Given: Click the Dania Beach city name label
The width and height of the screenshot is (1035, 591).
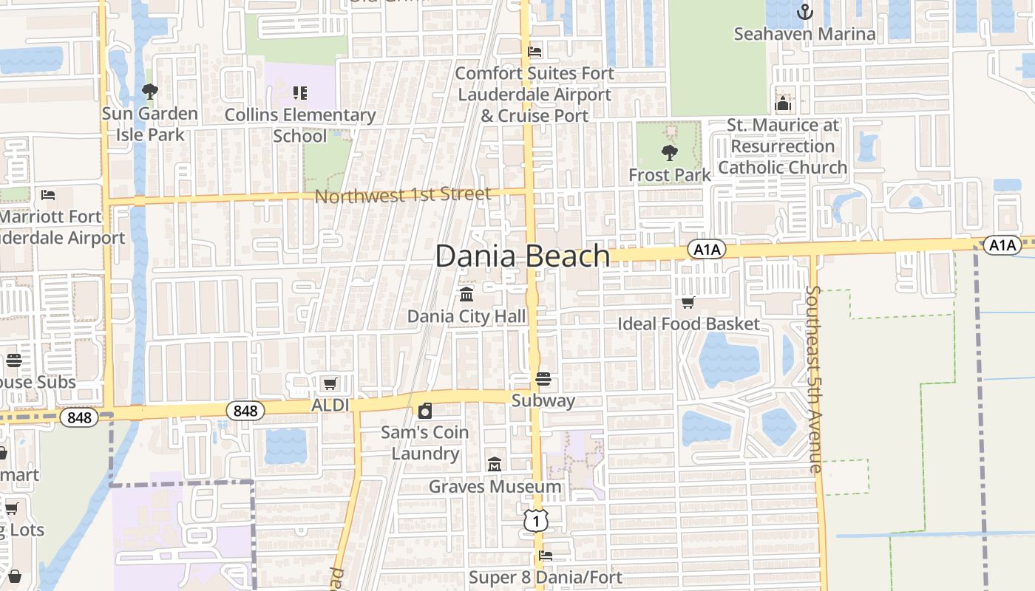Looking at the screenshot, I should click(x=522, y=256).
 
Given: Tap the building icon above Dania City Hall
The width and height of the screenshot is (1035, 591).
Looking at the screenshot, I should click(x=466, y=295).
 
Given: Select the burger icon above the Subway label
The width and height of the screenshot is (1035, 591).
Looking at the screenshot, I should click(x=543, y=380).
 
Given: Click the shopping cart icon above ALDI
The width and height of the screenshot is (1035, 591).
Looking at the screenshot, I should click(x=330, y=383).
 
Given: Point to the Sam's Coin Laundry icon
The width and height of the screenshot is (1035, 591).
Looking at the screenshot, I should click(x=425, y=411).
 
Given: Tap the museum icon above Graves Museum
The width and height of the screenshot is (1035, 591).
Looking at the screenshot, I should click(x=495, y=465).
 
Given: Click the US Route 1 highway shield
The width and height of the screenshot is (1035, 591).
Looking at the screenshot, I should click(x=536, y=521).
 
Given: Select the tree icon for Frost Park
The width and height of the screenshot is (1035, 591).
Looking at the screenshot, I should click(x=669, y=153).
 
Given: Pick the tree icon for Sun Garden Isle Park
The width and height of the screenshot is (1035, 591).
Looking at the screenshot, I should click(x=149, y=92).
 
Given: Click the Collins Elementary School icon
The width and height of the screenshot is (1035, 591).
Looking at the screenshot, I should click(x=300, y=93).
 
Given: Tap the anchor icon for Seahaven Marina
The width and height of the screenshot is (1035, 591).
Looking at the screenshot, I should click(x=804, y=12).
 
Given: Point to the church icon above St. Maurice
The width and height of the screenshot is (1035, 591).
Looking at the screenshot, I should click(x=783, y=103).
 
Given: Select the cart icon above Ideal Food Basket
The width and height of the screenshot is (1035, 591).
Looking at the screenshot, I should click(x=688, y=302).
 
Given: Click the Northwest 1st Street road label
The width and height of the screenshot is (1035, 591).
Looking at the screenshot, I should click(x=403, y=195).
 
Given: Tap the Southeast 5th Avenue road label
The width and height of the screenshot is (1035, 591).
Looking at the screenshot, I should click(x=813, y=379).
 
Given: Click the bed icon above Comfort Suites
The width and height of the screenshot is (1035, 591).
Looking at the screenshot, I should click(x=535, y=52).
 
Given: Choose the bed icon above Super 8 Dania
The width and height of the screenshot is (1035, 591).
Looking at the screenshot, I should click(x=546, y=556).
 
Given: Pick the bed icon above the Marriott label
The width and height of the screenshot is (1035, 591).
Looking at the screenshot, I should click(x=48, y=195).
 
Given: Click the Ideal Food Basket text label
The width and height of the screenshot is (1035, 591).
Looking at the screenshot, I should click(x=688, y=324).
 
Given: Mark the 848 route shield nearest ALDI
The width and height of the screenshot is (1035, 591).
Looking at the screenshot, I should click(x=245, y=411).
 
